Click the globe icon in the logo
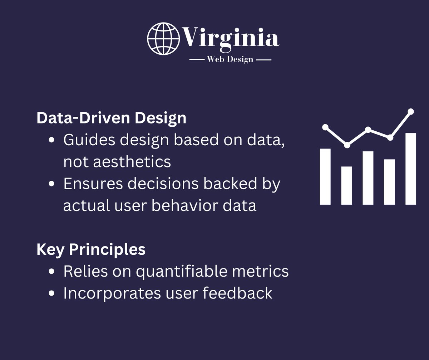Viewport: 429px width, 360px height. (163, 39)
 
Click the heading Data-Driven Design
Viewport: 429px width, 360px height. (111, 118)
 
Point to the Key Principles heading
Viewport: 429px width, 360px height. (91, 249)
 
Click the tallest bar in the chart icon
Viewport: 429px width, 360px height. (411, 169)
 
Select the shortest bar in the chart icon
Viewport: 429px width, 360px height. (346, 185)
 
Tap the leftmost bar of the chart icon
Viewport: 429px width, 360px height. (325, 176)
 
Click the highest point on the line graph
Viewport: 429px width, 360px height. (411, 112)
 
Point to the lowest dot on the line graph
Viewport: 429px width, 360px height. (347, 145)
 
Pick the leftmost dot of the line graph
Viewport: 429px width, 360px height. (325, 127)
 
